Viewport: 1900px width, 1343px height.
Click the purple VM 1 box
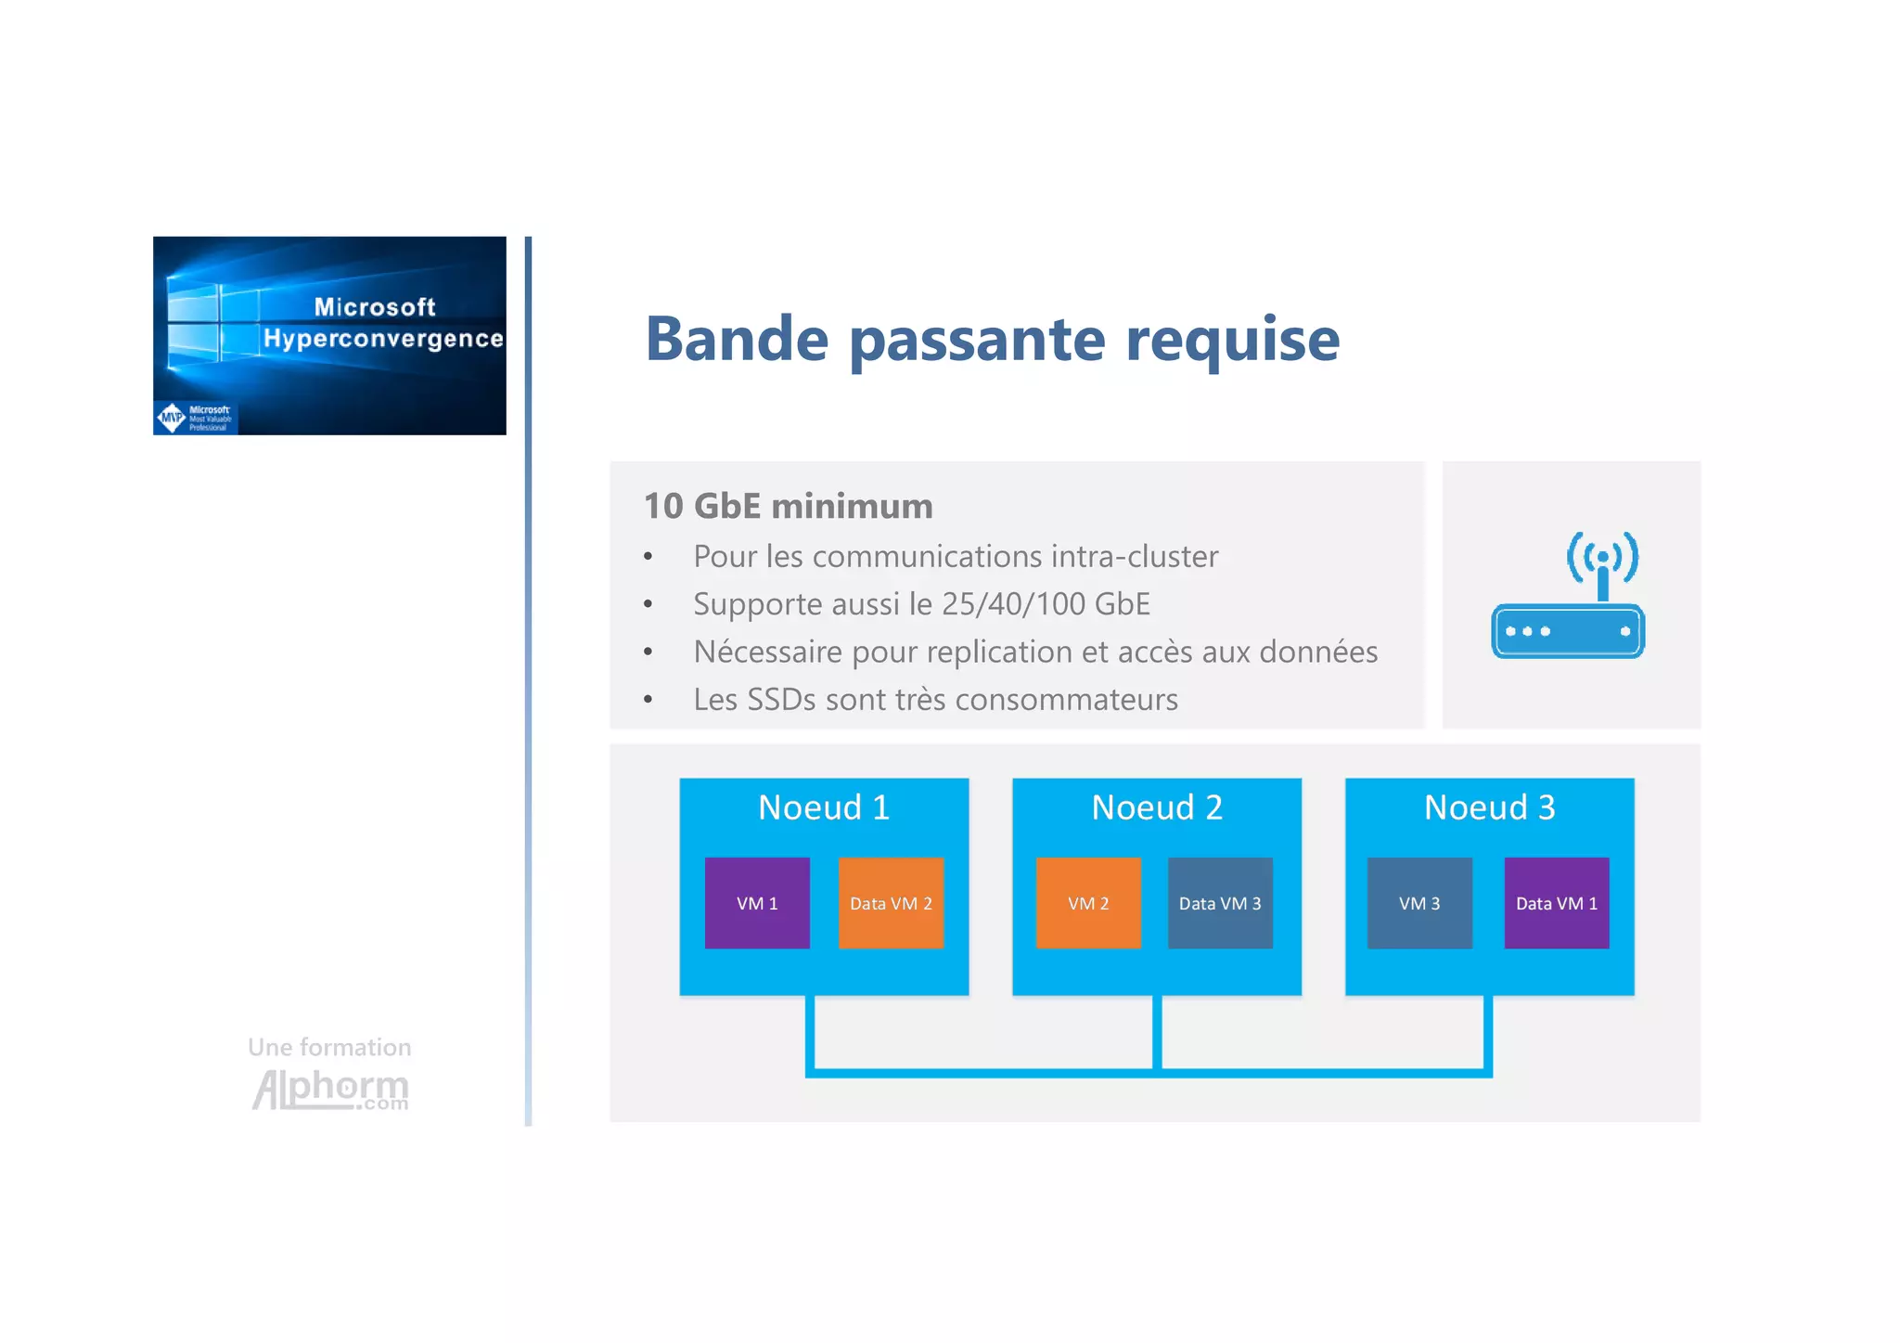[x=757, y=903]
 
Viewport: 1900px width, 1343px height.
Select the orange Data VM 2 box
[x=891, y=903]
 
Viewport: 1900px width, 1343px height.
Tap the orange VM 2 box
[x=1088, y=903]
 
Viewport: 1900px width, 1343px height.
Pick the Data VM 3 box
[x=1220, y=903]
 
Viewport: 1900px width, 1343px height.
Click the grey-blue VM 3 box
[x=1419, y=903]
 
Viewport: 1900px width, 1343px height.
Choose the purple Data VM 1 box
[x=1557, y=903]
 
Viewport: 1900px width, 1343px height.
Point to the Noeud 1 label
[x=824, y=807]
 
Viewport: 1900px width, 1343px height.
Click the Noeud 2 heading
[x=1157, y=807]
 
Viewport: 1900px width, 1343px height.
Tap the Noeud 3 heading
[x=1489, y=807]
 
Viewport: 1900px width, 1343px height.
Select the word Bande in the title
[x=737, y=339]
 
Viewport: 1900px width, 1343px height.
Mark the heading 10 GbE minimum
[x=789, y=506]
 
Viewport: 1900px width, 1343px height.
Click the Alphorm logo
[x=330, y=1089]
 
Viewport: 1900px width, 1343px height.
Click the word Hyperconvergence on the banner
[x=383, y=339]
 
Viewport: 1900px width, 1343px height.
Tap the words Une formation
[x=329, y=1047]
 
